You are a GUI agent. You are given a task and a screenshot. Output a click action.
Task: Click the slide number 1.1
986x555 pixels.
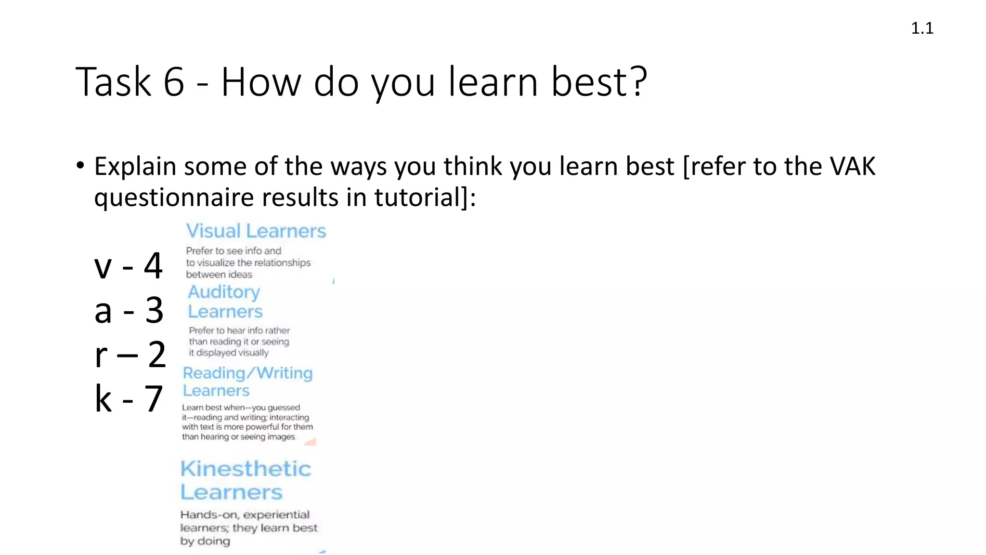click(x=921, y=28)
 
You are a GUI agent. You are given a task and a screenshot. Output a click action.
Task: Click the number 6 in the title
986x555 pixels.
click(x=174, y=82)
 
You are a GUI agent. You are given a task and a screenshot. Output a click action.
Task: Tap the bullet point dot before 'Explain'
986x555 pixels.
click(x=80, y=166)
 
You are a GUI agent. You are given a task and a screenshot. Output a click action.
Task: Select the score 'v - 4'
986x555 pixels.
click(x=128, y=265)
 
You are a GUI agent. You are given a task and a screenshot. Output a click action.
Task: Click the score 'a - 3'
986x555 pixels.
click(x=129, y=310)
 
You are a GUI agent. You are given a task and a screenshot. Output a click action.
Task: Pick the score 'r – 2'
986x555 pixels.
click(x=130, y=355)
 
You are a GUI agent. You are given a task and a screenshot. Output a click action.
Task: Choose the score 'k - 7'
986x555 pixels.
click(x=129, y=399)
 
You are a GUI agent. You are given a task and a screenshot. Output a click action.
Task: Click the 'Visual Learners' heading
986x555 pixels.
click(x=256, y=231)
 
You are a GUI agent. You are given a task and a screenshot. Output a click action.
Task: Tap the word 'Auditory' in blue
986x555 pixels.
click(x=224, y=292)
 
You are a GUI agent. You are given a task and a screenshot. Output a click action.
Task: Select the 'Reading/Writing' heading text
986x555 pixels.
click(x=247, y=373)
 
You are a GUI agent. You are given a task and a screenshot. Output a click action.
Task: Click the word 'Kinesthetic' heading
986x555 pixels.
click(x=246, y=469)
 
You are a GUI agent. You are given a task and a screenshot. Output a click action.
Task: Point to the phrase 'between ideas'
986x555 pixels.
click(x=219, y=275)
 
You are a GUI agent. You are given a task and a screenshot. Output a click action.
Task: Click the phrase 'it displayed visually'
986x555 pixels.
click(x=229, y=353)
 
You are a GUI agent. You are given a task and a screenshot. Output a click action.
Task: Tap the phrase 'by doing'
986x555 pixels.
click(x=205, y=541)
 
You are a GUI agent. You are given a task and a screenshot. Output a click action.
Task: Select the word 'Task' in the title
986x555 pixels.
click(x=113, y=82)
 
